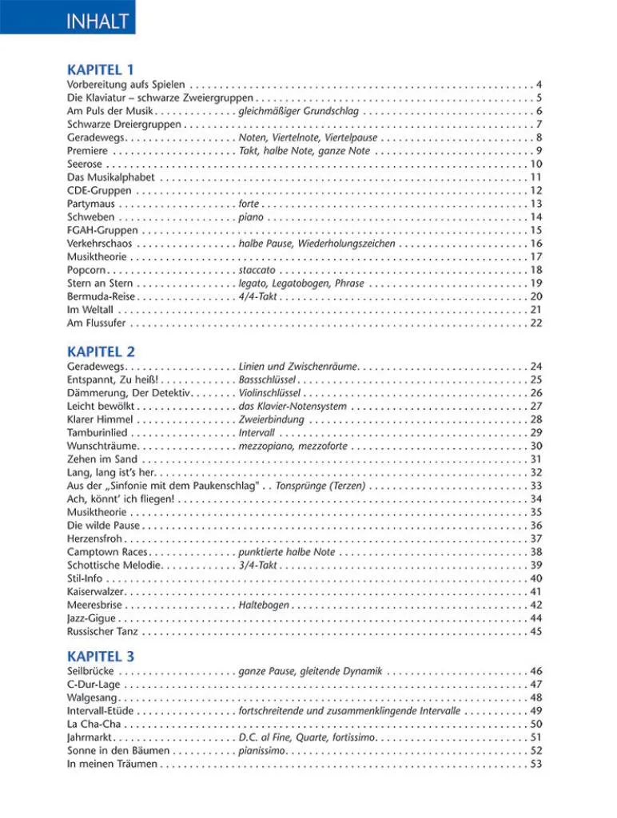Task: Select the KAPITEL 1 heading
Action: [101, 69]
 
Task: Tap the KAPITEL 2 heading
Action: [101, 351]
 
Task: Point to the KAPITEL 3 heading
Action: [101, 657]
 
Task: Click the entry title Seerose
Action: [85, 164]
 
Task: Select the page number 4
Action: [539, 85]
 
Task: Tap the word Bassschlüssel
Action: [269, 380]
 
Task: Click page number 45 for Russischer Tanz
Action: [536, 631]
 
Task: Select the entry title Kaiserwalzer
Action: [97, 592]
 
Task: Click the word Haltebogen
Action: [264, 605]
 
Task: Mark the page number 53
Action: [536, 764]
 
